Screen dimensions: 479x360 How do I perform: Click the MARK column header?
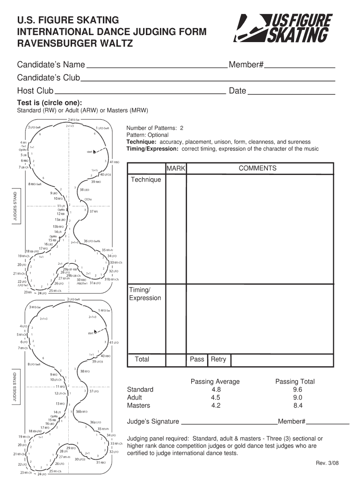pos(176,168)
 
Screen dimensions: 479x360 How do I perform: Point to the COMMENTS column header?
pos(258,168)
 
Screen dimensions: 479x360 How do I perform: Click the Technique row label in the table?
pos(146,180)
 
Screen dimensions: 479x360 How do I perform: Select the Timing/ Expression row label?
pos(145,294)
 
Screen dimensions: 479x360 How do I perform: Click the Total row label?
pos(142,359)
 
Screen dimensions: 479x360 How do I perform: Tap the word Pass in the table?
pos(197,359)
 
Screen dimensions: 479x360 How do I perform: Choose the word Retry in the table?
pos(218,359)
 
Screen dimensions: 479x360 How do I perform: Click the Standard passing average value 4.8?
pos(216,389)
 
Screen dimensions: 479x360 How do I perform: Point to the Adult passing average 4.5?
pos(216,398)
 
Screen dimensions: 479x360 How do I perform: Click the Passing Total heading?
pos(295,381)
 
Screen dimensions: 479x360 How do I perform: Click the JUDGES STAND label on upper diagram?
pos(15,206)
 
